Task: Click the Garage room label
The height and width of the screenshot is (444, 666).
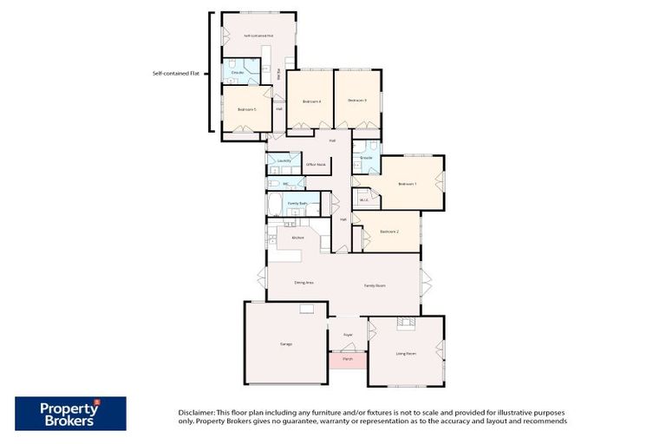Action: click(x=285, y=344)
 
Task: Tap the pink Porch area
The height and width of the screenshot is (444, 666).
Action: click(x=348, y=359)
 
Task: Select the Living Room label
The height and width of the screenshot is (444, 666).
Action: click(x=406, y=354)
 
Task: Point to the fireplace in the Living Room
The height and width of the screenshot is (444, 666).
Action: click(x=405, y=323)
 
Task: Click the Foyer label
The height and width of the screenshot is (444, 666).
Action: click(x=348, y=334)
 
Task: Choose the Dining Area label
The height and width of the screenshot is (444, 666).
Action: click(x=304, y=283)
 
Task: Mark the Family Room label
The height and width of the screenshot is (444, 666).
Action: click(x=375, y=285)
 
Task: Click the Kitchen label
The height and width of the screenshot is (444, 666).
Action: click(x=297, y=237)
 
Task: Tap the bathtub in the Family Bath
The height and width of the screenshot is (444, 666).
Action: click(x=275, y=206)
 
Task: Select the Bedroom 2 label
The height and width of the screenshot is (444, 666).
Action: click(x=389, y=232)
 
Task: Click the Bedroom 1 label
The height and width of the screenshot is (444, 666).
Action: click(x=408, y=184)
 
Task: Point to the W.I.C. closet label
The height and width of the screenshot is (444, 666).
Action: click(x=364, y=200)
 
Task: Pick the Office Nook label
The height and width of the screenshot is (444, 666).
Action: click(x=316, y=164)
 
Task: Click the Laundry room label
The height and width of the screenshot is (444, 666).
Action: click(x=284, y=160)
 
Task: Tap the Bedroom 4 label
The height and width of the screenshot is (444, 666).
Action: click(x=311, y=101)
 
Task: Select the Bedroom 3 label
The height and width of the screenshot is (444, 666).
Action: click(x=357, y=101)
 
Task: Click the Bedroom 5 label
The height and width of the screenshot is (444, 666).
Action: click(x=247, y=109)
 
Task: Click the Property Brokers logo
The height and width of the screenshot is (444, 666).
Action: click(x=70, y=414)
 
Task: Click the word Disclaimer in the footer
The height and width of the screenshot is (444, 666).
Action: click(x=195, y=411)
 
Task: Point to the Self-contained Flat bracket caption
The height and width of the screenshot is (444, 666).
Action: click(x=176, y=74)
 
